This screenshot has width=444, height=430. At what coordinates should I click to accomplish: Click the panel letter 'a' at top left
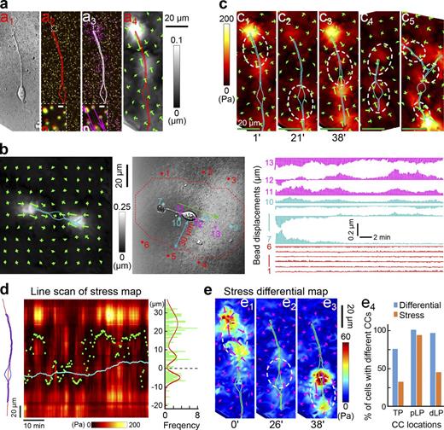(5, 7)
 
